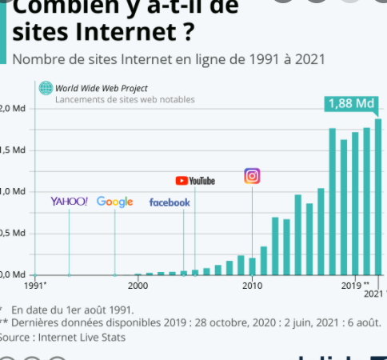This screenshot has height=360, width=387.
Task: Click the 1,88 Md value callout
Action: (351, 104)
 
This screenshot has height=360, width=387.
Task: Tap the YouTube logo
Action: (195, 181)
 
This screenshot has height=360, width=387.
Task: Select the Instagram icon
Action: (252, 176)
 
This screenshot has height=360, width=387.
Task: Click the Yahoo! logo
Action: (69, 202)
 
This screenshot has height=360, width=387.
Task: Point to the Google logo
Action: (114, 202)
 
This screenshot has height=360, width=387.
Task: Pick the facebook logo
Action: (170, 202)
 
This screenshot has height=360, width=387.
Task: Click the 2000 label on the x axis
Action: (138, 285)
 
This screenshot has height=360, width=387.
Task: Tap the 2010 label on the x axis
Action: (253, 285)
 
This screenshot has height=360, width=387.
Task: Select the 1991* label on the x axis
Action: (36, 285)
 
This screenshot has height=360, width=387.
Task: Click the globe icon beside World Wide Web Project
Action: (46, 88)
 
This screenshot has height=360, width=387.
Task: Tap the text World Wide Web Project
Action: (102, 88)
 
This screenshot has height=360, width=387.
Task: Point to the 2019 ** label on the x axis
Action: (355, 285)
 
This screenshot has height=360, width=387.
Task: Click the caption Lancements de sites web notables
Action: (125, 100)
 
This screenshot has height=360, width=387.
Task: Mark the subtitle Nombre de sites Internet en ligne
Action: (169, 60)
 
